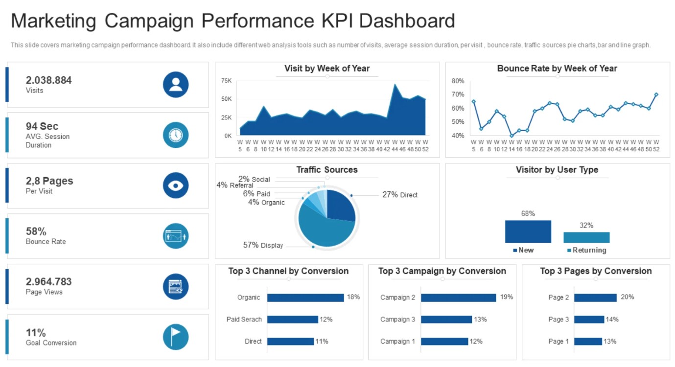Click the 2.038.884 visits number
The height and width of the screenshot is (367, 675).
pos(48,80)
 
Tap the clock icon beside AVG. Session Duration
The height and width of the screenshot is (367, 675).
pos(176,135)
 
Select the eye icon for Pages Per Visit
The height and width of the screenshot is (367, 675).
pos(176,185)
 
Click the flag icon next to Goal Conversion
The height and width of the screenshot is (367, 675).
pos(176,337)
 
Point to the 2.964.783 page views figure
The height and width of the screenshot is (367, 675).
pos(48,282)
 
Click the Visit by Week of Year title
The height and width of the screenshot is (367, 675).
pos(327,69)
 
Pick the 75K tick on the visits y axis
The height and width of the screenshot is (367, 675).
pos(226,81)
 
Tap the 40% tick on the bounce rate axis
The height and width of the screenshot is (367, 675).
pos(458,136)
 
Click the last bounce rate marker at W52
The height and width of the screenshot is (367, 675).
pos(656,94)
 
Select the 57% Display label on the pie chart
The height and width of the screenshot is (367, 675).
pos(263,245)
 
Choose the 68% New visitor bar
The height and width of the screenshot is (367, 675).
pos(528,231)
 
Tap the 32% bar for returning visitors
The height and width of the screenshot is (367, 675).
pos(586,237)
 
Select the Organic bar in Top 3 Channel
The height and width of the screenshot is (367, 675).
pos(305,298)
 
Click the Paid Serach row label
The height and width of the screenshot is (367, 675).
pos(244,320)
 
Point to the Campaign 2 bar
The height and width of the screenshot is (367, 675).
pos(458,298)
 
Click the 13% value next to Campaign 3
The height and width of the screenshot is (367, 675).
pos(480,320)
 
